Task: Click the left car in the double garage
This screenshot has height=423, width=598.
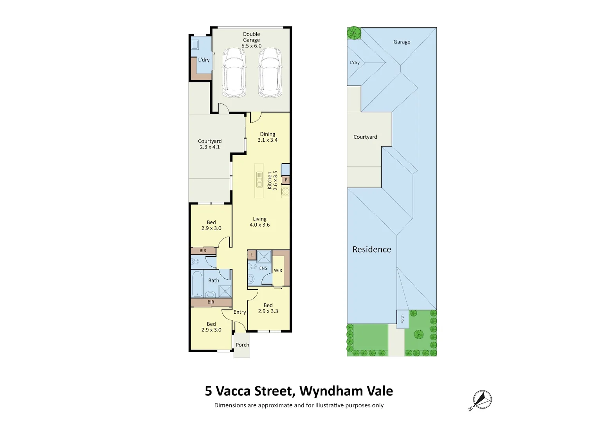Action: [x=234, y=73]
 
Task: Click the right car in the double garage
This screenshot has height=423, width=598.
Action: [x=270, y=73]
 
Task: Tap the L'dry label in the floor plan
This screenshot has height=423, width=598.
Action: [x=204, y=60]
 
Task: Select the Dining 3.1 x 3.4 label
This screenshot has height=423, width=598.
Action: [x=268, y=137]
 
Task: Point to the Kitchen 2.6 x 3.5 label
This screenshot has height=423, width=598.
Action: [x=272, y=181]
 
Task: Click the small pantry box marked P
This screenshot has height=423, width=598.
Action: [x=286, y=180]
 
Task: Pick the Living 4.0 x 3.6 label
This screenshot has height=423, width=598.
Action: [x=259, y=222]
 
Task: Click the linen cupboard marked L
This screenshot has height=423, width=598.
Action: [x=252, y=255]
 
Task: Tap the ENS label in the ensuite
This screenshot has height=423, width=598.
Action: [x=263, y=268]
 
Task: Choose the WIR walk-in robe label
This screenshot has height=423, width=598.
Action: [x=278, y=270]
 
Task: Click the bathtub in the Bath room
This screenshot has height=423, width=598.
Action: [x=197, y=284]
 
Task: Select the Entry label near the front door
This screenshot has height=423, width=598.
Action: [x=240, y=312]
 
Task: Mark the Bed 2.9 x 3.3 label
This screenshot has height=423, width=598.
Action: [x=268, y=308]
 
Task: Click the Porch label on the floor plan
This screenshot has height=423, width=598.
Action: [x=242, y=345]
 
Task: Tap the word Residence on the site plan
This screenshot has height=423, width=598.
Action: [x=371, y=249]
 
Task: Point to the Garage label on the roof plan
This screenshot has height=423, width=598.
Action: [x=402, y=42]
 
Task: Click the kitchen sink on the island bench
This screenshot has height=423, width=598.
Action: [x=259, y=179]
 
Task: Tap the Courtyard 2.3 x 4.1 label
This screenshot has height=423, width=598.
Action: [x=210, y=144]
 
